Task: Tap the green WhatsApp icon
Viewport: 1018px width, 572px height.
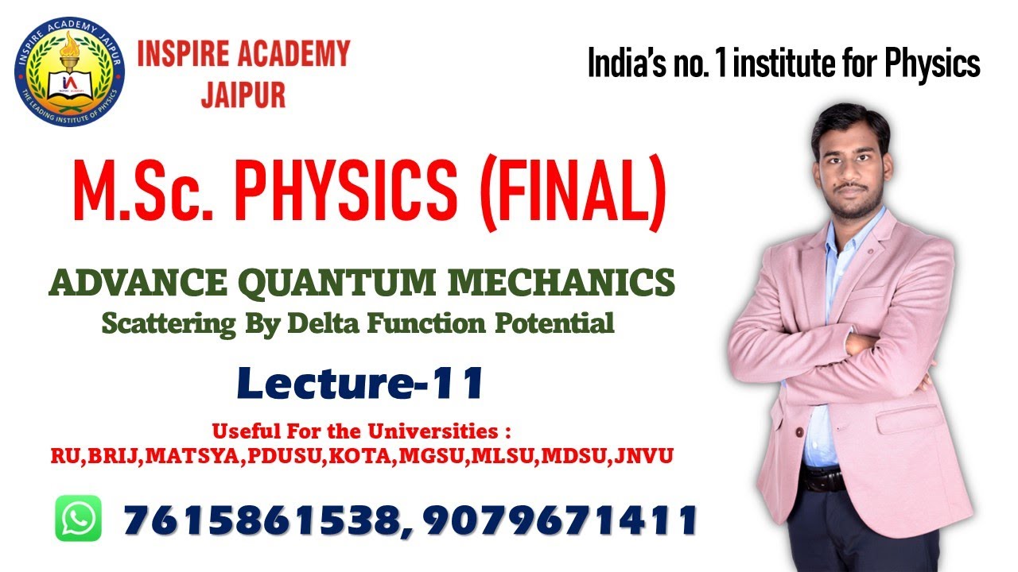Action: [x=79, y=518]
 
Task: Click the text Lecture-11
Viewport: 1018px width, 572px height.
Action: [x=360, y=384]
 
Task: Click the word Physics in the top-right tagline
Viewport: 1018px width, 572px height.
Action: [x=934, y=64]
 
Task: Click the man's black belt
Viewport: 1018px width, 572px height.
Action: [x=823, y=479]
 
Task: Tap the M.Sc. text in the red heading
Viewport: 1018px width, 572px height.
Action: [x=138, y=193]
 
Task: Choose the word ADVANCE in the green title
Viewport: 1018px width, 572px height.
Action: [x=119, y=284]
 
